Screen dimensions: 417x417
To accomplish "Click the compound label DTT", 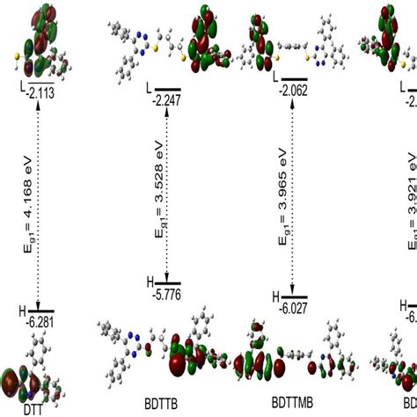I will tap(33, 409).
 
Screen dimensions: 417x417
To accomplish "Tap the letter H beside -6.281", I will tap(23, 311).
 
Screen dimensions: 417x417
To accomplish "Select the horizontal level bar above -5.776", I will tap(168, 283).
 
